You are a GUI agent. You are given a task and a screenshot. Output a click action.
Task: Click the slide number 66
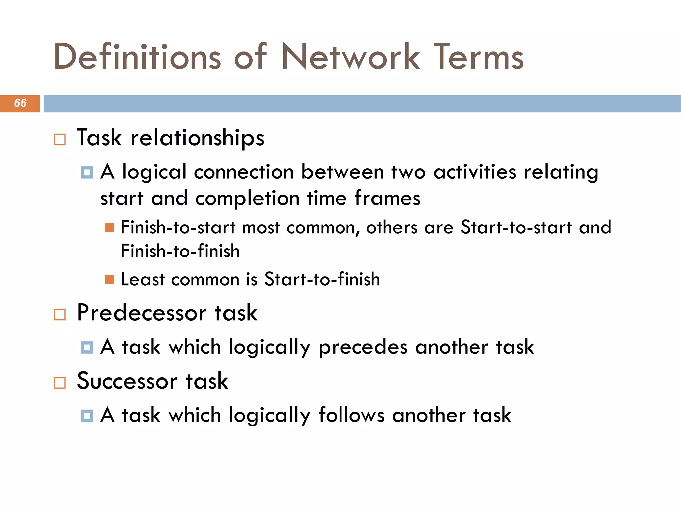click(x=20, y=103)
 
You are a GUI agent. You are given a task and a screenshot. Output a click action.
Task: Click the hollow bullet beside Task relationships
click(x=60, y=139)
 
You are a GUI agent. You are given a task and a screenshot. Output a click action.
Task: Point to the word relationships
click(x=198, y=138)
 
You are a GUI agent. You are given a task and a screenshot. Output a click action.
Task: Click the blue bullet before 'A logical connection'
click(x=87, y=172)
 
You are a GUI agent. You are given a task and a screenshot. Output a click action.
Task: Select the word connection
click(x=244, y=172)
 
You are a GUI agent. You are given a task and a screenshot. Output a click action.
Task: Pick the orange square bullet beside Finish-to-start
click(x=109, y=228)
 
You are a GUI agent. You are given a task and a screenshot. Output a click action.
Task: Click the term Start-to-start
click(x=516, y=227)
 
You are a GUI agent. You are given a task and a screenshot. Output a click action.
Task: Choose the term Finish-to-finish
click(x=180, y=251)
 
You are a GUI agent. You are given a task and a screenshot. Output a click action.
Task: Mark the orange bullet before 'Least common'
click(x=109, y=279)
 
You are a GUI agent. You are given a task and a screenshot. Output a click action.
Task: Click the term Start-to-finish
click(x=322, y=279)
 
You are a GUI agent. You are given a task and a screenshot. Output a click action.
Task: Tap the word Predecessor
click(x=142, y=313)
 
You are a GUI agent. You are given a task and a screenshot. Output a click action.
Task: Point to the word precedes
click(x=363, y=347)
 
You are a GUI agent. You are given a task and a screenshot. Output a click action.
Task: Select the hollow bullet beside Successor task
click(x=60, y=383)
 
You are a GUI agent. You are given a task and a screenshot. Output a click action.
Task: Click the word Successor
click(x=127, y=381)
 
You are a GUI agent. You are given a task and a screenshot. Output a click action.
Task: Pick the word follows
click(x=351, y=415)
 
